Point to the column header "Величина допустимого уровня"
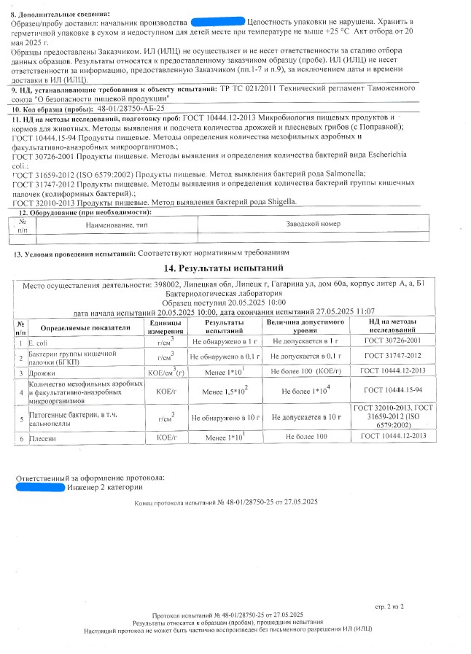(x=305, y=325)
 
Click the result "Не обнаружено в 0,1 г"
(x=225, y=357)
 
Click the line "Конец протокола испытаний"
(x=226, y=503)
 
